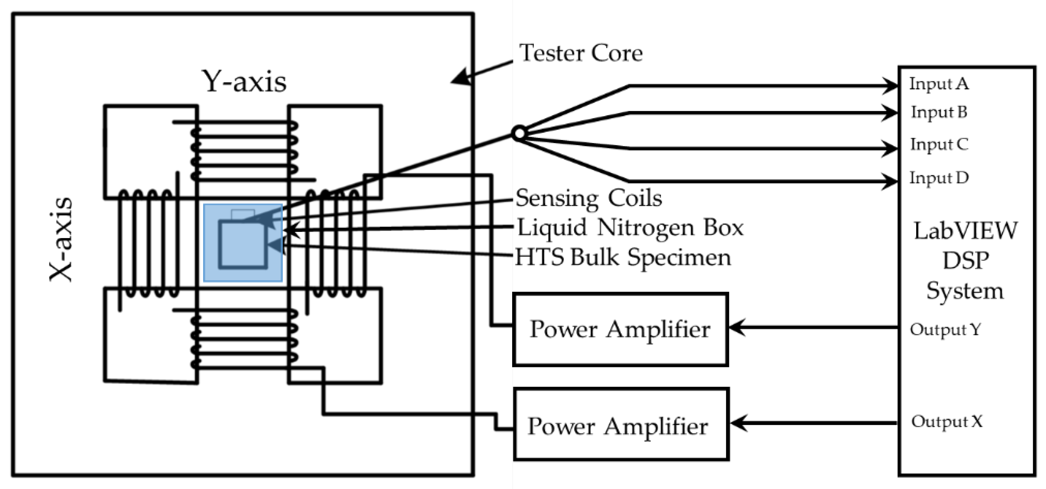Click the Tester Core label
(581, 53)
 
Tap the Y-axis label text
(244, 82)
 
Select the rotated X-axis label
(61, 240)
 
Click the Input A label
(938, 84)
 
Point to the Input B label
(939, 113)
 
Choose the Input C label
(939, 144)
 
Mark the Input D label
(939, 178)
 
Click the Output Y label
(945, 330)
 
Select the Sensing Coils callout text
(588, 198)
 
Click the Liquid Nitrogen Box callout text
(630, 228)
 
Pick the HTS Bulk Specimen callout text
(623, 257)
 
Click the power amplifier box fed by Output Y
(620, 329)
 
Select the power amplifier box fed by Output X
(621, 424)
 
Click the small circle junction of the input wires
(519, 133)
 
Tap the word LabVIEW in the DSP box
(966, 231)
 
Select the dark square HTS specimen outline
(243, 244)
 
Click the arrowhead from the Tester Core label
(460, 77)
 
